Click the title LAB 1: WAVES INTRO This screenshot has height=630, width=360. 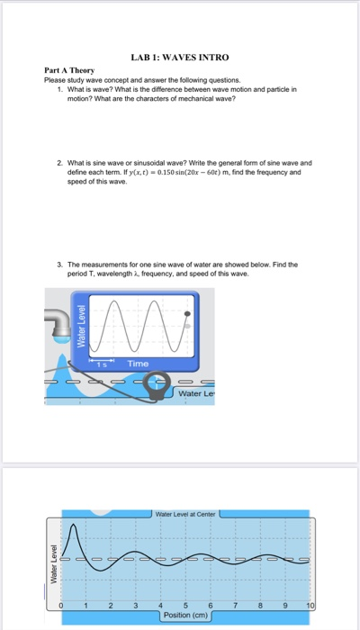180,58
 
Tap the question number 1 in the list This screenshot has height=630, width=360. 58,90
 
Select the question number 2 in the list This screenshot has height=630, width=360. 58,164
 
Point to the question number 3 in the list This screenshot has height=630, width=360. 58,238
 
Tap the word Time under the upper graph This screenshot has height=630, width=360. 139,363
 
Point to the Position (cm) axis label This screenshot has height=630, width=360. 187,616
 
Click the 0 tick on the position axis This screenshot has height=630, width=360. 62,607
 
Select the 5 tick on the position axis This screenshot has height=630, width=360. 185,607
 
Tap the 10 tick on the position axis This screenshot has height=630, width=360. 310,607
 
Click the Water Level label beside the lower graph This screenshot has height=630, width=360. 53,558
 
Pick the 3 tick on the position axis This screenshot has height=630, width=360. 136,607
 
